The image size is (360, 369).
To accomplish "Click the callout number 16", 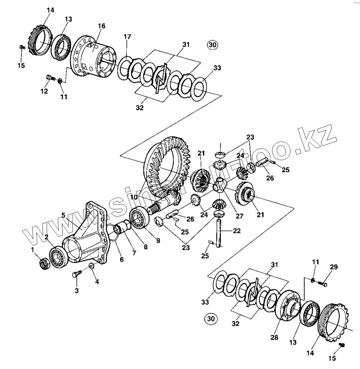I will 101,26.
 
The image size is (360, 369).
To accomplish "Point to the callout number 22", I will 236,231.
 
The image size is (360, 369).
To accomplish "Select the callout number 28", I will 274,338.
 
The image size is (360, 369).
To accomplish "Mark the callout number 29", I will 334,267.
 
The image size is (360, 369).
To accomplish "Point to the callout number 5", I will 63,215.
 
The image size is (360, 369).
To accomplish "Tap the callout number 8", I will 145,247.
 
